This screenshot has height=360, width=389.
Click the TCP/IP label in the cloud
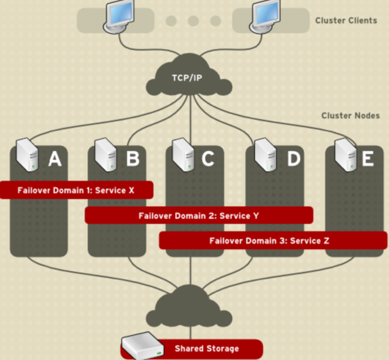click(x=187, y=78)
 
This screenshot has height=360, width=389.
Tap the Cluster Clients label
click(x=346, y=21)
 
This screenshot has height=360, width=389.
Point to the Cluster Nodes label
click(x=351, y=115)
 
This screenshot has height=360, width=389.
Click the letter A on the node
click(x=55, y=159)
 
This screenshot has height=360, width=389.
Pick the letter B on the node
click(x=133, y=158)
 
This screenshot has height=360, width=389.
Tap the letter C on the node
click(x=208, y=158)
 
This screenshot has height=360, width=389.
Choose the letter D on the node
click(x=294, y=158)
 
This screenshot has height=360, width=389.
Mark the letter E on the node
click(x=368, y=158)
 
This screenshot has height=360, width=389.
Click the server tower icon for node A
click(x=27, y=155)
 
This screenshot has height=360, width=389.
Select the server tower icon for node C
click(x=183, y=155)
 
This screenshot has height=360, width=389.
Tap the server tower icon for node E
click(x=346, y=155)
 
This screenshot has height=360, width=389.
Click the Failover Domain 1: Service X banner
click(x=76, y=190)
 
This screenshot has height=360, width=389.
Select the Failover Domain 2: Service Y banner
click(x=199, y=215)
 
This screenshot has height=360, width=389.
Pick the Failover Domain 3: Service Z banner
click(x=273, y=241)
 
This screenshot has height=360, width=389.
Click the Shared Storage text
click(x=207, y=349)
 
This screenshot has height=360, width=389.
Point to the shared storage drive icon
click(x=142, y=346)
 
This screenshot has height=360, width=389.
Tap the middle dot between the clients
click(x=193, y=21)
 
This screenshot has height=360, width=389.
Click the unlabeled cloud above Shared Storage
click(x=189, y=306)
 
